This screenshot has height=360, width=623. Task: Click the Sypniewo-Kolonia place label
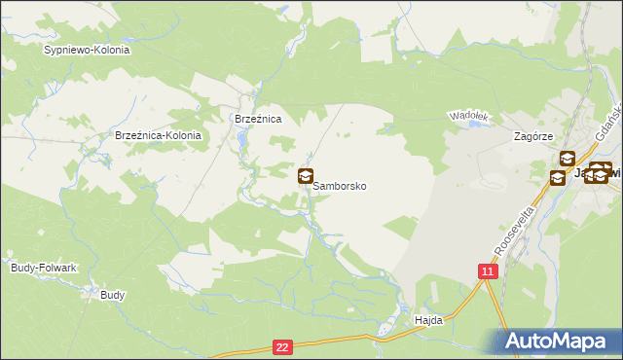point(87,49)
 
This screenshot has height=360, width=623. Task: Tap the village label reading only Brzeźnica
point(258,119)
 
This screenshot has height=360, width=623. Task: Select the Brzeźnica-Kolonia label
point(158,135)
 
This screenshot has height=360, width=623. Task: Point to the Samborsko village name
point(340,185)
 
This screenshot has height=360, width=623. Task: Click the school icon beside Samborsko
point(306,176)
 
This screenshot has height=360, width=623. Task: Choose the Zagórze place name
point(533,137)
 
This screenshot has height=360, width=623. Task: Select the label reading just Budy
point(113,294)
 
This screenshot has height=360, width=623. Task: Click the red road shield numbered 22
point(282,345)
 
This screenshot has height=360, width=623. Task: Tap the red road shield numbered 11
point(488,271)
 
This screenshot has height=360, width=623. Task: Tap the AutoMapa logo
point(561,342)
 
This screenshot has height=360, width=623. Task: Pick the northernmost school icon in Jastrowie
point(567,158)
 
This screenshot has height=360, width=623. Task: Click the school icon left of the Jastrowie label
point(558,177)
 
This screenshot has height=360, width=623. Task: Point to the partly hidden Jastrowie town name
point(596,173)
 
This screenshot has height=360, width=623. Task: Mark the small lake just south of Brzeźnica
point(241,144)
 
